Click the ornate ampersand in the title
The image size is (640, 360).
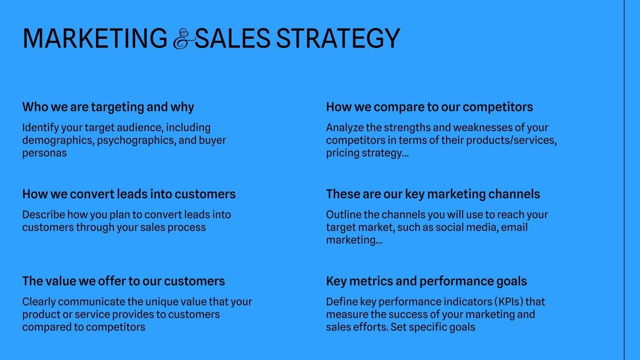(184, 39)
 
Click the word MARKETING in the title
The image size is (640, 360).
(95, 38)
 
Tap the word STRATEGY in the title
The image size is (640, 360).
(338, 38)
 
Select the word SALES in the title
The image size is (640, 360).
(232, 38)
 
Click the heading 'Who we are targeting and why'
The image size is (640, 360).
(108, 107)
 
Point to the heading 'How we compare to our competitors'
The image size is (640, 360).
(430, 107)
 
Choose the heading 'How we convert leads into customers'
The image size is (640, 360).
(129, 194)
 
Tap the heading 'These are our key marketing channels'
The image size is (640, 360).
(433, 194)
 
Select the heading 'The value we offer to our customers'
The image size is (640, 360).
(124, 281)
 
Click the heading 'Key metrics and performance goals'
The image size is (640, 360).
(426, 281)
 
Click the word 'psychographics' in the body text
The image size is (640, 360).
(136, 140)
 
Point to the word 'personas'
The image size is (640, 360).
(44, 153)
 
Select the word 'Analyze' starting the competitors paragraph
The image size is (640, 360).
(345, 128)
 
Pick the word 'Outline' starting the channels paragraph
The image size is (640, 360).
(344, 214)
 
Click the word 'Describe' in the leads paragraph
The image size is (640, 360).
(44, 214)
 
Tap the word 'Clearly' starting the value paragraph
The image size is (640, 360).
(39, 302)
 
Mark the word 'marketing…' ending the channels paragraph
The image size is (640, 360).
(354, 240)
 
